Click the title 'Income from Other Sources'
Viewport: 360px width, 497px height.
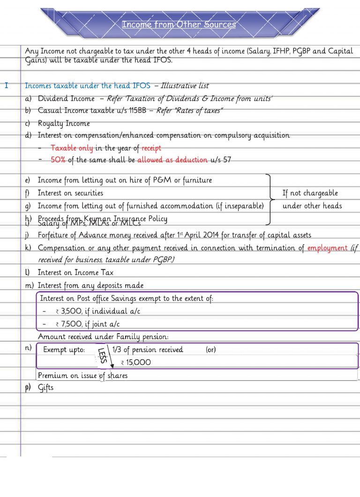[179, 24]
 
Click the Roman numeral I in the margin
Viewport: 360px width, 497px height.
[6, 86]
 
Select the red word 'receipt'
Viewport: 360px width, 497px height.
[151, 148]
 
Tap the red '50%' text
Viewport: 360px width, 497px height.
[58, 160]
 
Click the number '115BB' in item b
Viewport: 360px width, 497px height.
[135, 111]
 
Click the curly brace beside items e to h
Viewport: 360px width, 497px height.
[270, 199]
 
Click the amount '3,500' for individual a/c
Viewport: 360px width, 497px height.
[72, 312]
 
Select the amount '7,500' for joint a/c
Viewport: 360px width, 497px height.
[72, 324]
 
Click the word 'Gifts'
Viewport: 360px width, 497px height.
[45, 387]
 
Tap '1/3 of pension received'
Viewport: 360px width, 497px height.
[148, 349]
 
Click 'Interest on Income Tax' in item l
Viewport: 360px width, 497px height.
[75, 273]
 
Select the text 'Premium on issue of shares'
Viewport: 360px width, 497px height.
[82, 375]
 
